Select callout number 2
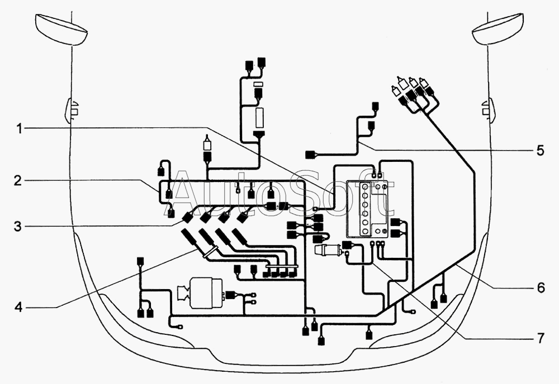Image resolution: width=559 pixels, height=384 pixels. coord(18,180)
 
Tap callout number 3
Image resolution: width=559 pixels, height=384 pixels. coord(18,226)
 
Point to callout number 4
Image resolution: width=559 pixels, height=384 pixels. coord(18,307)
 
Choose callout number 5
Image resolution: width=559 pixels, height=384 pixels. coord(541,151)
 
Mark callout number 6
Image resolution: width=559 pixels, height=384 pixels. coord(541,287)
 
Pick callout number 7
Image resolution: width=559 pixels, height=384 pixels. coord(541,338)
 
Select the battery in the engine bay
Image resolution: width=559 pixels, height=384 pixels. coord(368,209)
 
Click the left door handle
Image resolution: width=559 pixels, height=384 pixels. coord(72,111)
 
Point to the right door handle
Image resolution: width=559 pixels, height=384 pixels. coord(488,111)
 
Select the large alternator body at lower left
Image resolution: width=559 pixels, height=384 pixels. coord(201,293)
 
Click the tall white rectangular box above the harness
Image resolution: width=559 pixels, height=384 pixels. coord(259,118)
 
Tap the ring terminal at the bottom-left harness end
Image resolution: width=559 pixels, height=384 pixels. coord(180,326)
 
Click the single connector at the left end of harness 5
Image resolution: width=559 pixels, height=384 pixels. coord(310,155)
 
